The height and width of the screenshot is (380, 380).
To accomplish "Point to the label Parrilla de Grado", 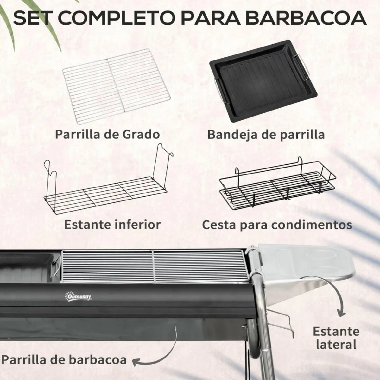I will click(x=107, y=134).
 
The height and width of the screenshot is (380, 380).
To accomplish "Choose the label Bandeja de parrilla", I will click(x=266, y=134).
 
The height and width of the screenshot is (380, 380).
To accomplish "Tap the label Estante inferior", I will click(x=112, y=225).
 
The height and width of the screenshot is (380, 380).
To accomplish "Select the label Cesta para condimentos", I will click(x=277, y=225).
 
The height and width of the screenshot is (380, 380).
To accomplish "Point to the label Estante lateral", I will click(x=336, y=338).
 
